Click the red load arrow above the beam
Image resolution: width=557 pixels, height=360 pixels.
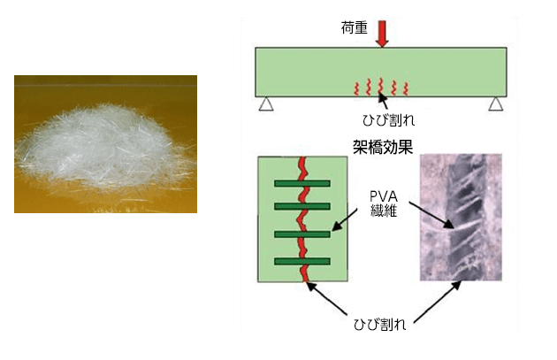coord(381,33)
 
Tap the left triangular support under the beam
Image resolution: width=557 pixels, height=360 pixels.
coord(264,105)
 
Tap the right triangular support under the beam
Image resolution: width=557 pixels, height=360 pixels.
coord(496,105)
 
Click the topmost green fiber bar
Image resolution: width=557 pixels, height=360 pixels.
coord(301,184)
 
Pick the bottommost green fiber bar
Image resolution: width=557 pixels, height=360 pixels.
coord(301,261)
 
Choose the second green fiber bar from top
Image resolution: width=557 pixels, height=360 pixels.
coord(301,207)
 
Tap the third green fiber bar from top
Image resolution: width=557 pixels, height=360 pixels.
coord(301,234)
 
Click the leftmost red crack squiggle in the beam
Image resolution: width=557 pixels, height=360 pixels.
coord(357,88)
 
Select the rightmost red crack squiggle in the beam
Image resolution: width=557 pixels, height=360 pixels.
coord(405,88)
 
